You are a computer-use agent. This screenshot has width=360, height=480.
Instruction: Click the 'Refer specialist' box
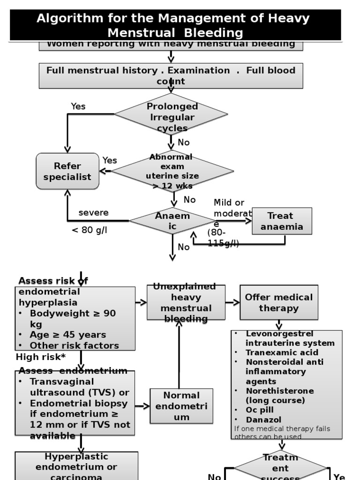[x=67, y=172]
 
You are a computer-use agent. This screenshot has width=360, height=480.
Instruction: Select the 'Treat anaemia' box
[x=282, y=221]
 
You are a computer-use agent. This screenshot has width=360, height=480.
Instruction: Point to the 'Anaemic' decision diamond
[x=172, y=221]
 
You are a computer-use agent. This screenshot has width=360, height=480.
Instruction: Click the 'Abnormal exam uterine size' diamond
[x=172, y=172]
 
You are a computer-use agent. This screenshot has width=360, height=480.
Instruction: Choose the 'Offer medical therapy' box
[x=278, y=302]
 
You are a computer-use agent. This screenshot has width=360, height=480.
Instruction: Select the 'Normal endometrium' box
[x=181, y=406]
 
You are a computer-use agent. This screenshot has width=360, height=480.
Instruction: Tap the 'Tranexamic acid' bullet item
[x=282, y=352]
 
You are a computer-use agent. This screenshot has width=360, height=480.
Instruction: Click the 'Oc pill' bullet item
[x=261, y=410]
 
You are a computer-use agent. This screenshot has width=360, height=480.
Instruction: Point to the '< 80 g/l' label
[x=89, y=230]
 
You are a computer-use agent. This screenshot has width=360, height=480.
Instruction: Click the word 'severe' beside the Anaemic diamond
[x=93, y=213]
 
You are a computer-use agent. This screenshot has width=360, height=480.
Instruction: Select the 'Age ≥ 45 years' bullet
[x=67, y=335]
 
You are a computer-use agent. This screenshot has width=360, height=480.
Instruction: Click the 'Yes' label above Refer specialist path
[x=78, y=106]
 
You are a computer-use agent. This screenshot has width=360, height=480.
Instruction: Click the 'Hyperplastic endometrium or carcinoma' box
[x=76, y=466]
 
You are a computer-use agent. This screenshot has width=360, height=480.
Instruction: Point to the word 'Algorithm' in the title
[x=70, y=19]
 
